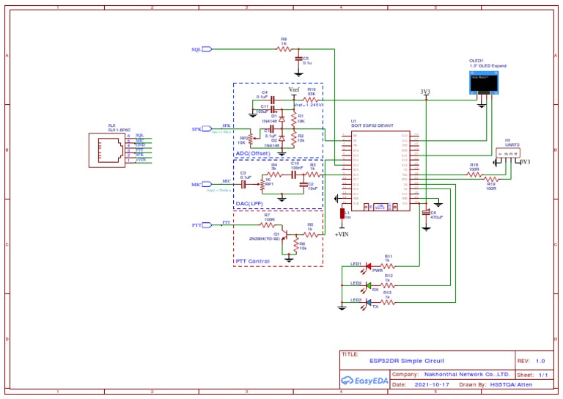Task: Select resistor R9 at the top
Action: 283,49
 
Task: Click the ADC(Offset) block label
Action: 254,153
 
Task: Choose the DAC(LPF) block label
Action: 249,203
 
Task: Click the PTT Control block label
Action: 252,261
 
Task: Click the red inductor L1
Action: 342,214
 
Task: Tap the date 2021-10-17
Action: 433,384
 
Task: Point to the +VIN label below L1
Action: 342,235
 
